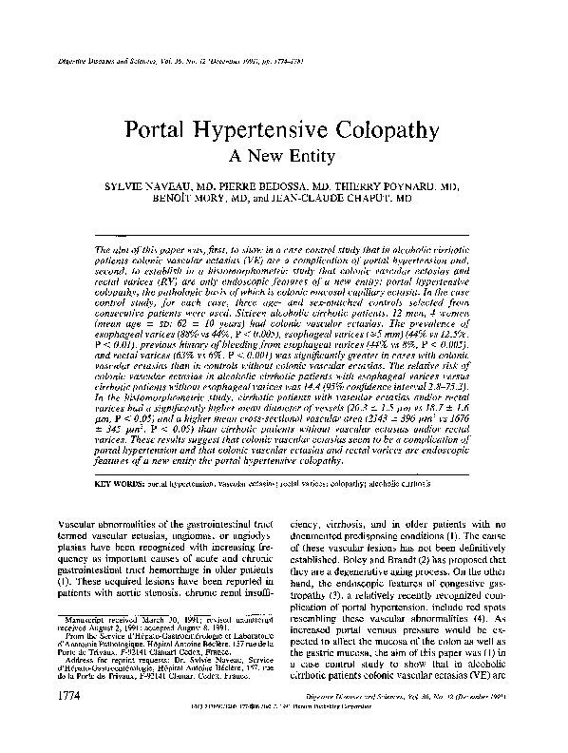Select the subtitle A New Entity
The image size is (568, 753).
coord(283,154)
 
